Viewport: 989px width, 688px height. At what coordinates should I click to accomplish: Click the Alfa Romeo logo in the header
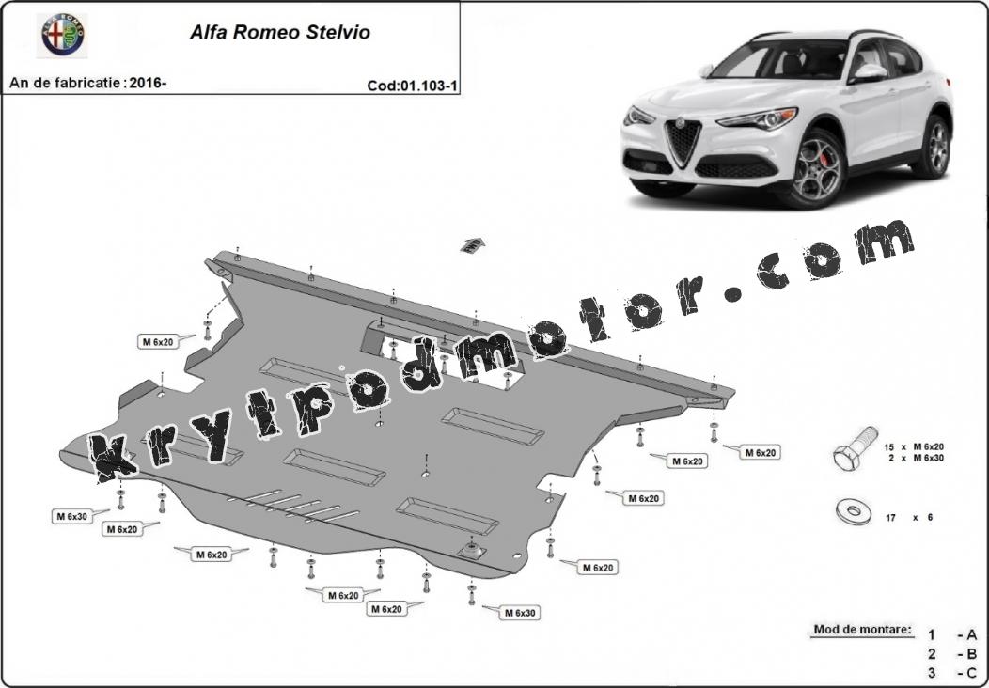pyautogui.click(x=63, y=35)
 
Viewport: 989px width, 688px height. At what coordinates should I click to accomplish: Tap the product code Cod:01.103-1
pyautogui.click(x=412, y=86)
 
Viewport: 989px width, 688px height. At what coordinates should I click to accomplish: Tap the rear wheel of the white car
pyautogui.click(x=934, y=147)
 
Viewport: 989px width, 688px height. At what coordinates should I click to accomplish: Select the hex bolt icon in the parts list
pyautogui.click(x=856, y=447)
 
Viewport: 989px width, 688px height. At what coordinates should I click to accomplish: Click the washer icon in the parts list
pyautogui.click(x=854, y=512)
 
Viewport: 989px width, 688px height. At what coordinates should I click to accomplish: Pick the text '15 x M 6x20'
pyautogui.click(x=913, y=447)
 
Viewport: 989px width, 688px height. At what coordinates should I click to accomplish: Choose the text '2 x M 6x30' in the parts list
pyautogui.click(x=916, y=459)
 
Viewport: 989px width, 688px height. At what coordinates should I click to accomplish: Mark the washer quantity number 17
pyautogui.click(x=890, y=518)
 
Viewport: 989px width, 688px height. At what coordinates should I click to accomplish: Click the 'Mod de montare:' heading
pyautogui.click(x=862, y=630)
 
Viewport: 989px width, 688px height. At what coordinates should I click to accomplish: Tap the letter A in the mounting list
pyautogui.click(x=971, y=635)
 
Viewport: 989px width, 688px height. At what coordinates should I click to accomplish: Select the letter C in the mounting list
pyautogui.click(x=971, y=673)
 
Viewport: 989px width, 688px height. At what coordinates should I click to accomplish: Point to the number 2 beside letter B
pyautogui.click(x=933, y=654)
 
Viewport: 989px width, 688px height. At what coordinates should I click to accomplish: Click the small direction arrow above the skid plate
pyautogui.click(x=473, y=244)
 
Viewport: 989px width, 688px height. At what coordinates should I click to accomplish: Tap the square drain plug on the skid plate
pyautogui.click(x=473, y=551)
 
